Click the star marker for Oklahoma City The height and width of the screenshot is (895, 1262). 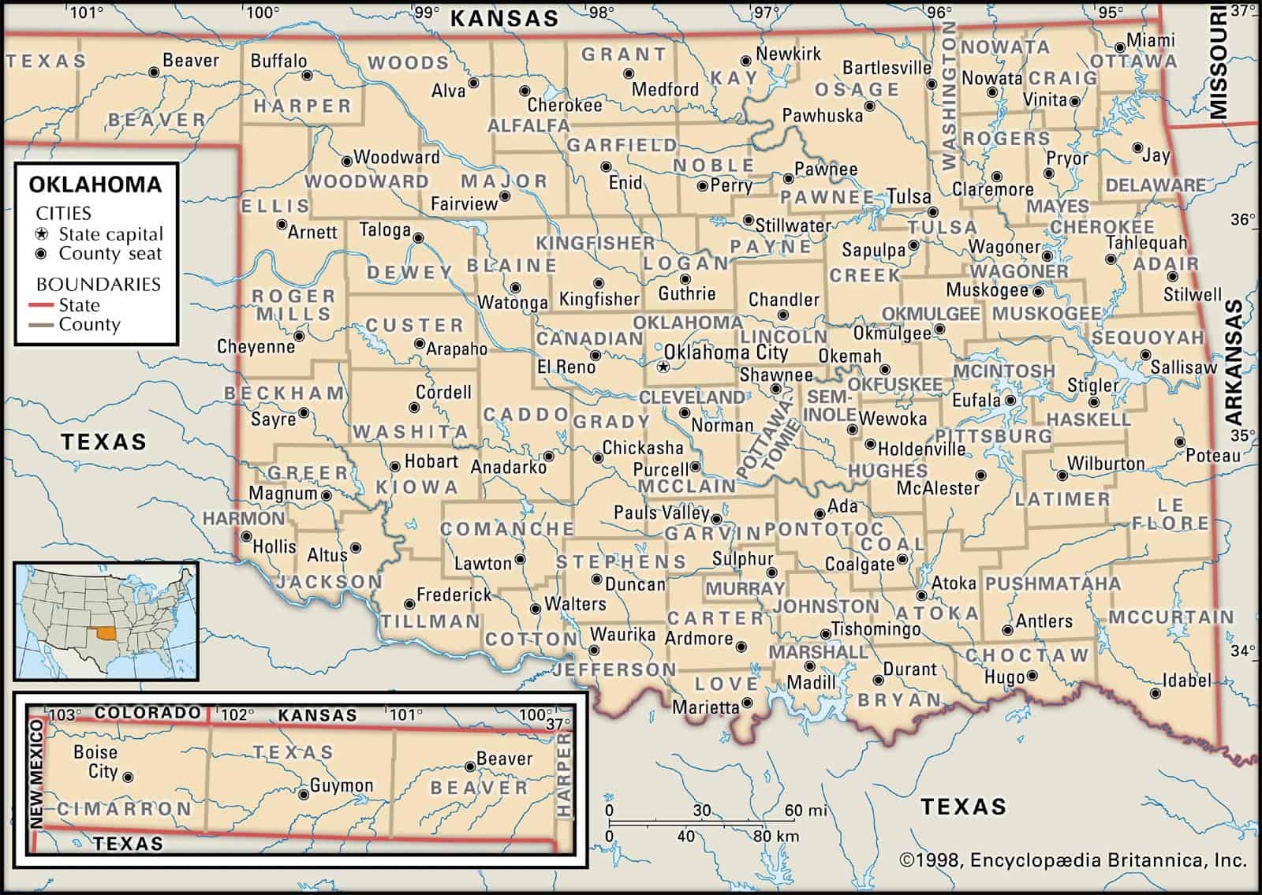point(663,367)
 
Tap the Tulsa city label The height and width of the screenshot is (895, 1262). point(909,196)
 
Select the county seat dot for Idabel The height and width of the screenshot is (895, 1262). point(1156,694)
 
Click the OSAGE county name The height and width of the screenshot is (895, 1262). point(857,89)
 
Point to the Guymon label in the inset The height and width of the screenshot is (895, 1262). point(342,785)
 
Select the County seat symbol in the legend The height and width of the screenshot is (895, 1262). point(43,254)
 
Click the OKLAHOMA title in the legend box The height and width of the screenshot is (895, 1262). point(95,185)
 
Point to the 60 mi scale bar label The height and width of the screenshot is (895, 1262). point(805,811)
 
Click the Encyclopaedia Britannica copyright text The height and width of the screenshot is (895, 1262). point(1073,860)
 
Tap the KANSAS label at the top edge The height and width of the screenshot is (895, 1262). point(504,18)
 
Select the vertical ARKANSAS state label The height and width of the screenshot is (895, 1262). point(1234,364)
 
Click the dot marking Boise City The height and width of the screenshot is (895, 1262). point(129,778)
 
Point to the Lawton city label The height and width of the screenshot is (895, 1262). point(483,563)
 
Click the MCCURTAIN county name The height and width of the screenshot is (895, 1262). point(1171,617)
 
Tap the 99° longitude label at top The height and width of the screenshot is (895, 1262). point(427,12)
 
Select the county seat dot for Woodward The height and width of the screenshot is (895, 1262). point(345,158)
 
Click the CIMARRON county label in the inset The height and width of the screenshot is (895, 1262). point(124,809)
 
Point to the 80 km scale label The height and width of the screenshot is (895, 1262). point(776,836)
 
